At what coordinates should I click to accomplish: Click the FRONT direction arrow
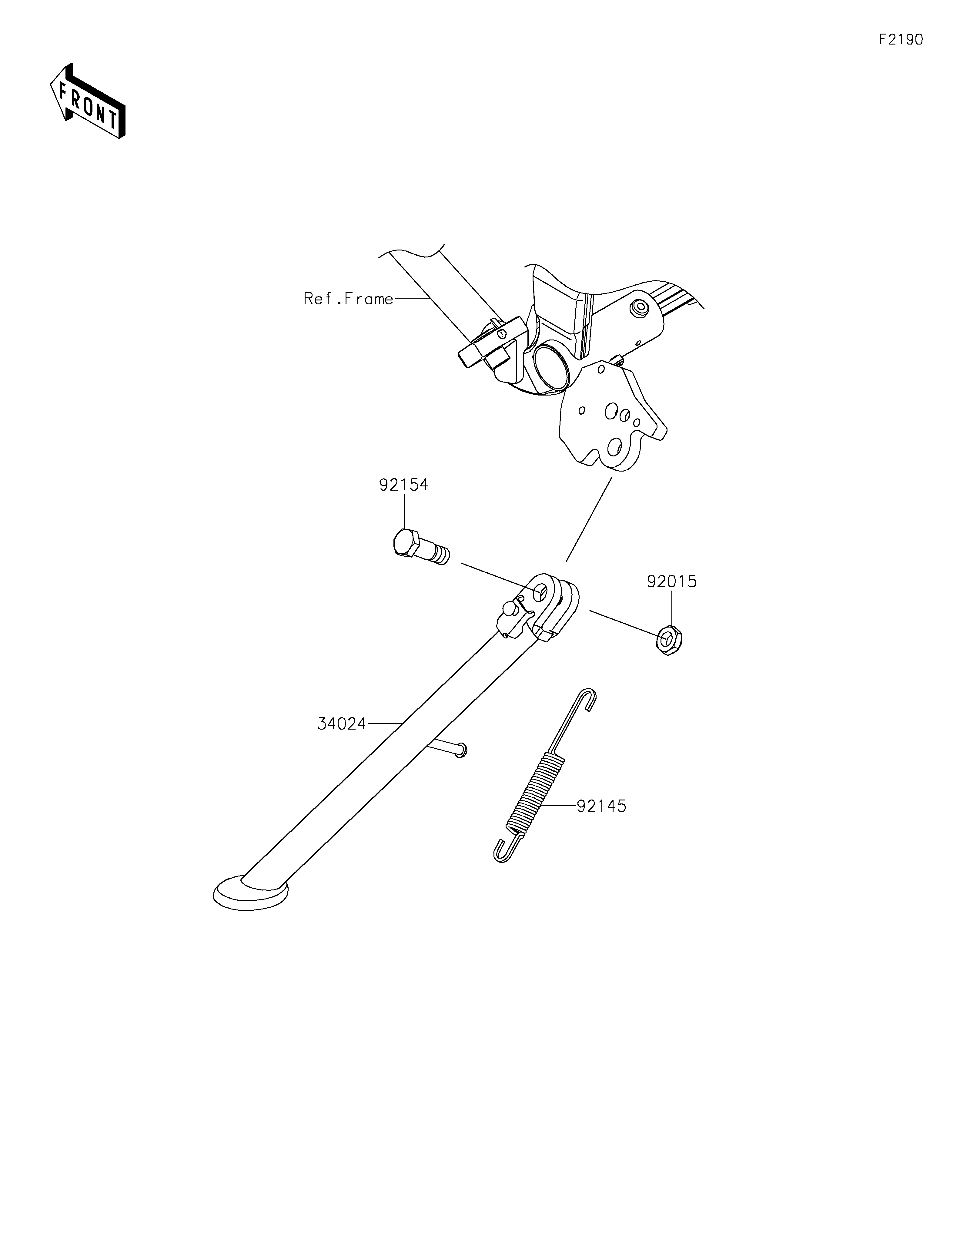88,101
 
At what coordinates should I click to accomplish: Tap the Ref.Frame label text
348,299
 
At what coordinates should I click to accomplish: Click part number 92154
403,485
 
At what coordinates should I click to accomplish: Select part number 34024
342,724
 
